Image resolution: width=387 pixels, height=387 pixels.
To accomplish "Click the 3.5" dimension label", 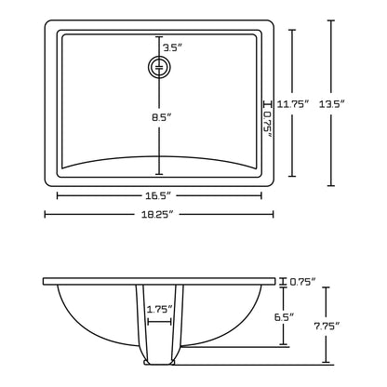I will pyautogui.click(x=171, y=47).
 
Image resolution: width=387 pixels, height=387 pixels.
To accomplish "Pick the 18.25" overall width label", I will pyautogui.click(x=159, y=214).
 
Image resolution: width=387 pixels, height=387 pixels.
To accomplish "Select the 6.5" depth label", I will pyautogui.click(x=286, y=318).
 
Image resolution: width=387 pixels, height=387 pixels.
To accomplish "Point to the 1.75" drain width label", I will pyautogui.click(x=160, y=308).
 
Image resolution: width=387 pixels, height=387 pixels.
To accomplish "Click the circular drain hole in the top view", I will pyautogui.click(x=159, y=67).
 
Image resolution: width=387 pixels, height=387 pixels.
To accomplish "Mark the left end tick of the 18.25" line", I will pyautogui.click(x=46, y=214).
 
